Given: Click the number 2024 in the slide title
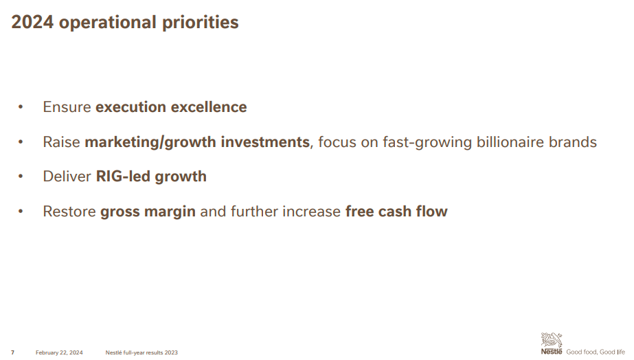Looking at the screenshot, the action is pos(32,22).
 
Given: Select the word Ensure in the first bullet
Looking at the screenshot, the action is pos(67,107).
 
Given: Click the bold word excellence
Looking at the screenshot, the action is pos(209,107).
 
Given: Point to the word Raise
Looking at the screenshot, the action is pos(61,142).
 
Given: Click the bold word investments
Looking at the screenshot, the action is pos(265,142).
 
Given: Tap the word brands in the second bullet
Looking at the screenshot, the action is pos(573,142).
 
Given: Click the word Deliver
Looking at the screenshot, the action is pos(67,177).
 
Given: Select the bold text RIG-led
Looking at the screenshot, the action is pos(123,177).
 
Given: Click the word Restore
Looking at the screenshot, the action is pos(69,212).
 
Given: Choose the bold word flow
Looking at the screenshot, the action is pos(433,212).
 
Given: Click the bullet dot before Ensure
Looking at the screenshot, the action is pos(21,107).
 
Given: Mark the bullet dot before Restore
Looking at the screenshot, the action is pos(21,212).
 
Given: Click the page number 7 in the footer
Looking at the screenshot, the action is pos(12,352).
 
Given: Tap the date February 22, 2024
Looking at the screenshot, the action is pos(59,352).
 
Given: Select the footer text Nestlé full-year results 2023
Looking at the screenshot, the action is pos(141,352).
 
